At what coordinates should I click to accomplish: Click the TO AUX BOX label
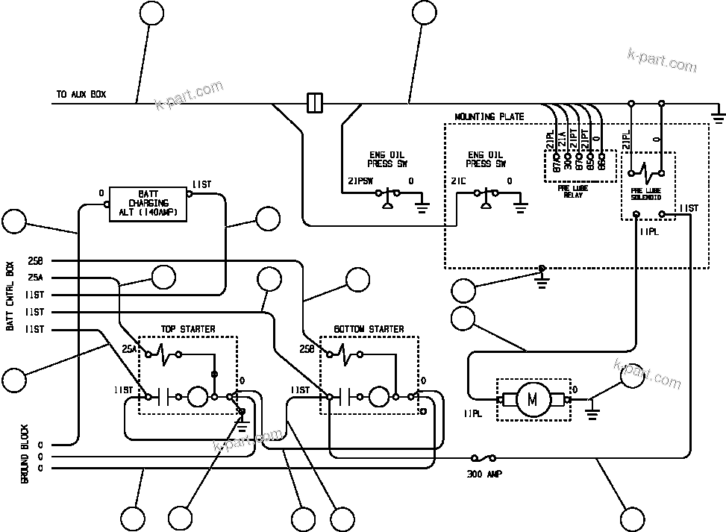[81, 95]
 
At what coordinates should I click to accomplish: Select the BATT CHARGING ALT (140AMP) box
[148, 203]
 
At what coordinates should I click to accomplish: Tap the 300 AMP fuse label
[484, 473]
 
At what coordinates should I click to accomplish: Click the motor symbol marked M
[533, 400]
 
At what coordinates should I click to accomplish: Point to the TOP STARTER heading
[188, 329]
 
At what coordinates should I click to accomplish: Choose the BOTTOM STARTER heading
[369, 329]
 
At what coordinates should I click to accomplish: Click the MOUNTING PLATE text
[489, 117]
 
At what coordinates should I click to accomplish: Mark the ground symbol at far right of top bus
[719, 115]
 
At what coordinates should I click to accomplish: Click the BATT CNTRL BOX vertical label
[10, 295]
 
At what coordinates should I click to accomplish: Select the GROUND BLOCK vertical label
[25, 454]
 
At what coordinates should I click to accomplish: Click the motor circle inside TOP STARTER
[196, 397]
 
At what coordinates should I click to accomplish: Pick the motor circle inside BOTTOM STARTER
[379, 397]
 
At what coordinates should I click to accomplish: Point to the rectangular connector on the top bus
[315, 102]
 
